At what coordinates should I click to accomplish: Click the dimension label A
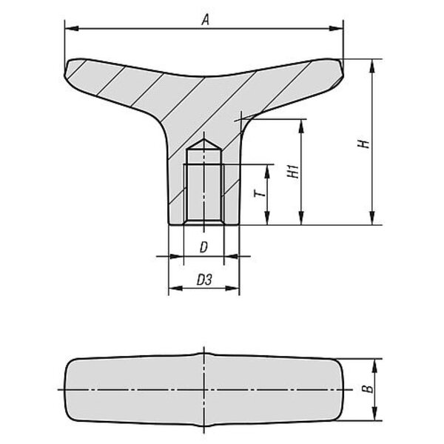click(x=206, y=20)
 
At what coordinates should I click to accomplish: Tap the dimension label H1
click(x=294, y=172)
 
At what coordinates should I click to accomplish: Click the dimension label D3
click(x=204, y=280)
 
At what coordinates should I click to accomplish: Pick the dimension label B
click(x=368, y=388)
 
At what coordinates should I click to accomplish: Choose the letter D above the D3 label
click(x=203, y=247)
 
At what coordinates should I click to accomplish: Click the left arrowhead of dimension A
click(x=72, y=28)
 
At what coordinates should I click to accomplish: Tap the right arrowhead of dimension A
click(x=336, y=28)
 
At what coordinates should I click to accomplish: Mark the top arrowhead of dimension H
click(x=373, y=66)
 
